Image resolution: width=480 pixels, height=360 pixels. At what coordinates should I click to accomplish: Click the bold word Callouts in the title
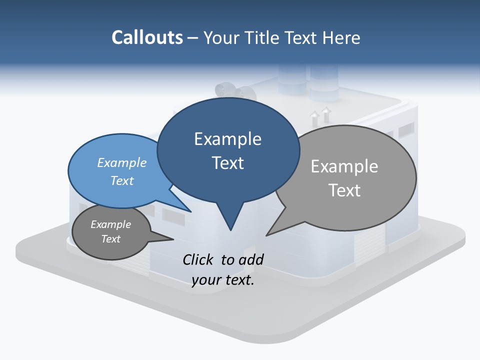[x=147, y=37]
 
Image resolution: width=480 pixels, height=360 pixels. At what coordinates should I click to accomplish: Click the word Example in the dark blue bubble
[x=227, y=139]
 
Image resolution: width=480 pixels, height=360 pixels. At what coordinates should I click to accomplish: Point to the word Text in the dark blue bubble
[x=227, y=163]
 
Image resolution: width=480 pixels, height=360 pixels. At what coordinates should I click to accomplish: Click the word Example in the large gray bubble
[x=344, y=166]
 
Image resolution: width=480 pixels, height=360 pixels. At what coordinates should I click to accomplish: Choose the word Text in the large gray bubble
[x=344, y=190]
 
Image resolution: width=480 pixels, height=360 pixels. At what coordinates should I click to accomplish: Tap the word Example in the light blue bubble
[x=122, y=163]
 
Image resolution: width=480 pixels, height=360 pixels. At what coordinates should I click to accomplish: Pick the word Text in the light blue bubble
[x=122, y=180]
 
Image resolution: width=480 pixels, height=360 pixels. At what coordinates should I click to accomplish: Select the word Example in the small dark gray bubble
[x=111, y=224]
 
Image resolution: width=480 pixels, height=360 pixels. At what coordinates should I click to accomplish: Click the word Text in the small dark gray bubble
[x=111, y=239]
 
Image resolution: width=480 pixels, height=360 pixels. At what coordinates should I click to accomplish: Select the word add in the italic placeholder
[x=250, y=259]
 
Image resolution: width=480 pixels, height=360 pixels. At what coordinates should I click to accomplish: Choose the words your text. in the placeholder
[x=223, y=280]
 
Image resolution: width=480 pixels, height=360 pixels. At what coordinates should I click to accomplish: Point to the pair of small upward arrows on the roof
[x=320, y=116]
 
